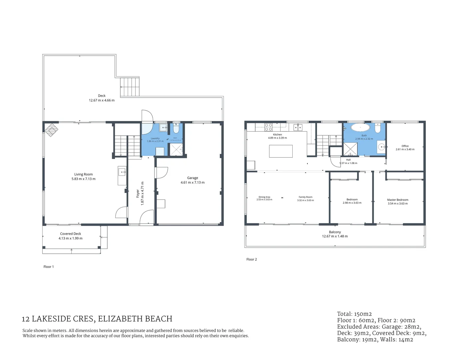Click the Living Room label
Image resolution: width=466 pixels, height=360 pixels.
tap(83, 174)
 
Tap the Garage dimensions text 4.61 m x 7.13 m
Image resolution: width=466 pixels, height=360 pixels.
tap(192, 182)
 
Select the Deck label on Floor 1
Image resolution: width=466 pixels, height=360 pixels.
tap(102, 96)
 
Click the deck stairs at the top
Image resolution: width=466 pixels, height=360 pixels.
tap(130, 87)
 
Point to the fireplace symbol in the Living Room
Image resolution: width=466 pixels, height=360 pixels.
tap(52, 130)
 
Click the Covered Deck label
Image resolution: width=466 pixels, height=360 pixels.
tap(70, 234)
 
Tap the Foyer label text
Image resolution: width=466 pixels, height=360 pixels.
tap(138, 194)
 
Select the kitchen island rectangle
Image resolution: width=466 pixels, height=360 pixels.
tap(281, 151)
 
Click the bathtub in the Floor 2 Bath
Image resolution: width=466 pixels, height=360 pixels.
tap(360, 128)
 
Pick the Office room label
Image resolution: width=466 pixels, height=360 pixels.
tap(405, 146)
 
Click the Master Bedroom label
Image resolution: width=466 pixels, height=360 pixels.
tap(398, 200)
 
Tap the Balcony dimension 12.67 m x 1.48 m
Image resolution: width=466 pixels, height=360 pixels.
tap(335, 236)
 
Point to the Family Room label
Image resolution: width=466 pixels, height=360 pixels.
tap(305, 197)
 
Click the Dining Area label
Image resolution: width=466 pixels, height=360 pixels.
tap(264, 197)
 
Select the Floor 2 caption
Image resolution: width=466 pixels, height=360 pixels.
tap(252, 259)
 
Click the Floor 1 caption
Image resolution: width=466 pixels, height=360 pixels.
tap(49, 267)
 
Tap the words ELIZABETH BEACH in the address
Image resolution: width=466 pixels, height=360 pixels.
tap(135, 319)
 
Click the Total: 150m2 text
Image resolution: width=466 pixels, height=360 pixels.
tap(354, 314)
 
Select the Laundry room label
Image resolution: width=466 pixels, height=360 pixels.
tap(155, 138)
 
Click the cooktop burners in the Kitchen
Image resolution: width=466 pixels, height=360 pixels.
tap(268, 127)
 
